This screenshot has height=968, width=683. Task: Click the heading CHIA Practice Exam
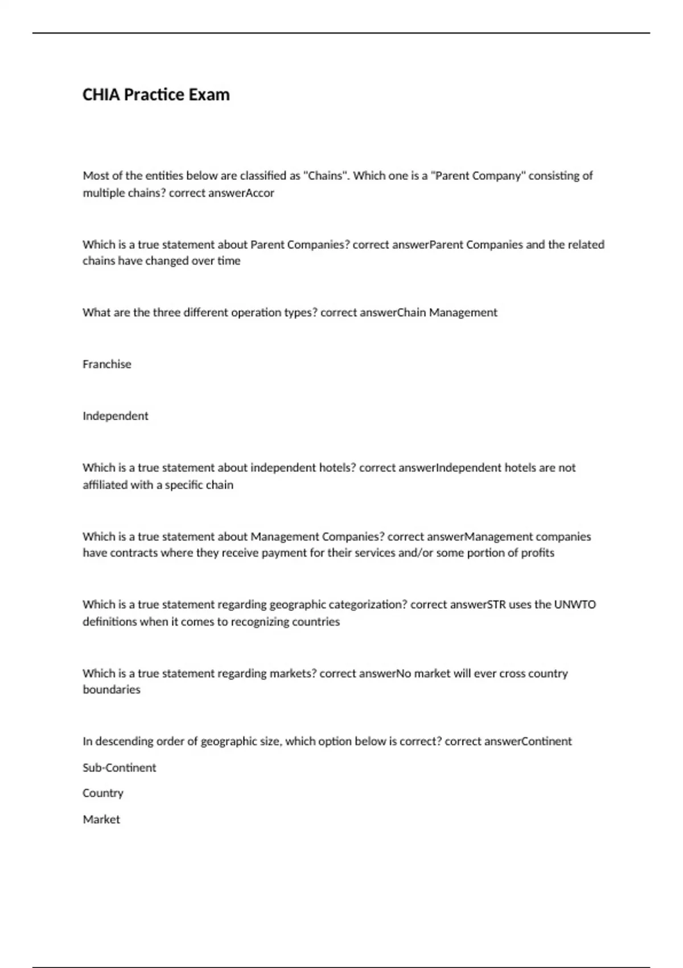156,95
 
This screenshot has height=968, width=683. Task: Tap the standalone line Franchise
107,364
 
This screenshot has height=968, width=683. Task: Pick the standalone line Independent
116,416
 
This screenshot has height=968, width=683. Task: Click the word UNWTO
575,605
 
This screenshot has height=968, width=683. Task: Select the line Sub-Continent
120,768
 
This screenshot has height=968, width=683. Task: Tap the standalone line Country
103,793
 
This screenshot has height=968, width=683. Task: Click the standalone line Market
101,819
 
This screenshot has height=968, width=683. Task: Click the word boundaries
112,690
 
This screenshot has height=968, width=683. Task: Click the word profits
538,553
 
